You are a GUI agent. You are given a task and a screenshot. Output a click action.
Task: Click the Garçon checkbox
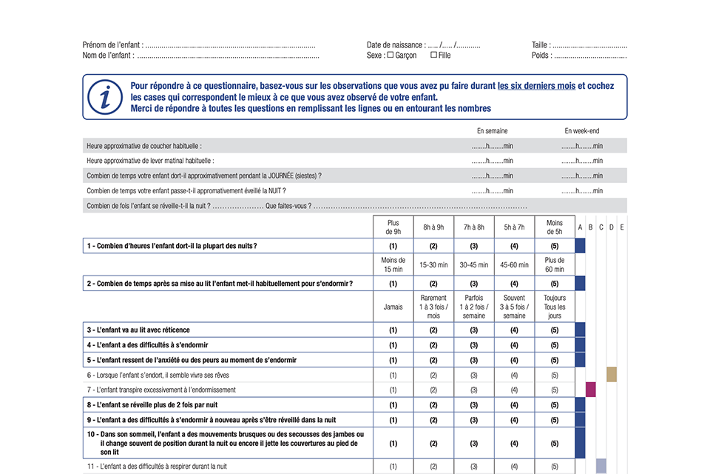point(390,56)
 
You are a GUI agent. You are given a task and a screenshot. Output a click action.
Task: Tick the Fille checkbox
point(433,56)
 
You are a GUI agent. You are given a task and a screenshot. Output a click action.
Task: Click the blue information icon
point(105,96)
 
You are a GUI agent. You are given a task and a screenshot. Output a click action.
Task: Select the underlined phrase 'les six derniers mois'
point(536,86)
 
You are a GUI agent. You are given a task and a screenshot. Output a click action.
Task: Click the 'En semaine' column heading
point(492,131)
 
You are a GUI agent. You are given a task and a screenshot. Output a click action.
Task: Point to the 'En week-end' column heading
point(582,131)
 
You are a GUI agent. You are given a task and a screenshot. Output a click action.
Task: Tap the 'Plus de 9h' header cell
point(393,227)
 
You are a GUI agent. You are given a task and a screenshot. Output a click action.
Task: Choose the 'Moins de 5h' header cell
point(555,227)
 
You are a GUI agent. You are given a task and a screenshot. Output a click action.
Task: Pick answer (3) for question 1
point(474,246)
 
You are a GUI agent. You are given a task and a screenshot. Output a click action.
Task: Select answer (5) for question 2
point(555,283)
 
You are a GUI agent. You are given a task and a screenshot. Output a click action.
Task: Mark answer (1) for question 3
point(393,330)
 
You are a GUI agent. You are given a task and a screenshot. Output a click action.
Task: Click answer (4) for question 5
point(515,360)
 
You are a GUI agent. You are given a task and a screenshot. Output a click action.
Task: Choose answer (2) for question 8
point(433,405)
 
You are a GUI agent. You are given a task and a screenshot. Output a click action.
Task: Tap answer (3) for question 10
point(474,443)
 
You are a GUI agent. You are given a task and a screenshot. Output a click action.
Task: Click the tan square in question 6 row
point(612,375)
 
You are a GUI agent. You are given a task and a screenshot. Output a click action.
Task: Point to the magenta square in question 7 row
point(590,390)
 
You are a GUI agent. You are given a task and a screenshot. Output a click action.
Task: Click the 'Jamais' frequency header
point(393,307)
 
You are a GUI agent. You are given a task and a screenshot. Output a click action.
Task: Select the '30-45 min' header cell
point(474,264)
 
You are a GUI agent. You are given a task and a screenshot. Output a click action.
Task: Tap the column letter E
point(622,227)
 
